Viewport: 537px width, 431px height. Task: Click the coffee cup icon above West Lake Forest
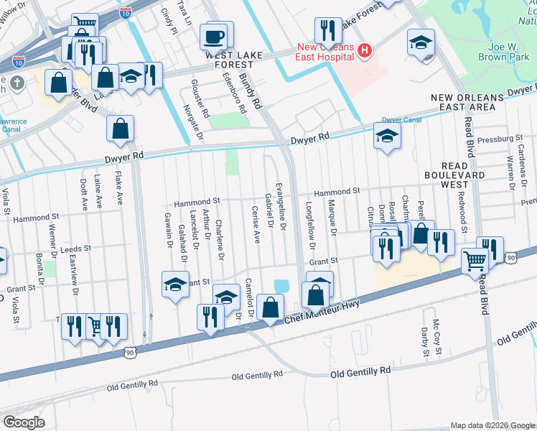[215, 35]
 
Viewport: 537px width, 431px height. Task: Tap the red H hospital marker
[365, 50]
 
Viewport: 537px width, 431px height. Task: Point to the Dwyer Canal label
[400, 121]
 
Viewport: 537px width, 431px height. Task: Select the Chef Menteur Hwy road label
[322, 308]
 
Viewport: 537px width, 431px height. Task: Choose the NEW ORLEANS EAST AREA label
[463, 101]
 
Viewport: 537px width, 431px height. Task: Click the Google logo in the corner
[24, 422]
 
